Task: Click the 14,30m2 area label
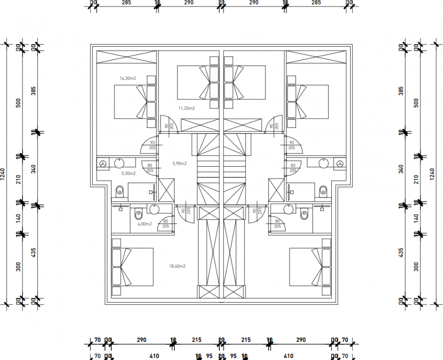128,78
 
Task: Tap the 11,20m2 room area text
186,108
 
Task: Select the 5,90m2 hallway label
180,163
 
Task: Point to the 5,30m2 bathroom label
128,174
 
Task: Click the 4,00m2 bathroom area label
144,224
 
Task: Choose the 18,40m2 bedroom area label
178,266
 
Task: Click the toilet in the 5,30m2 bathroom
120,190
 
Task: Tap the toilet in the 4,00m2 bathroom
138,215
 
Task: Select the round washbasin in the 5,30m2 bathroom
119,163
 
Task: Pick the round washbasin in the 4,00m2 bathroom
154,210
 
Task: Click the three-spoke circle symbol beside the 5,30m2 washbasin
103,163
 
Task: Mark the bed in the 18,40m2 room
133,267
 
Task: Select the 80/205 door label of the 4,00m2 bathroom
165,224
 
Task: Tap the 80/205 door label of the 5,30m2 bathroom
150,168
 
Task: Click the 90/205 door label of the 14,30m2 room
152,145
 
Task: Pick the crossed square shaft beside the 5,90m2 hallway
166,190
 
